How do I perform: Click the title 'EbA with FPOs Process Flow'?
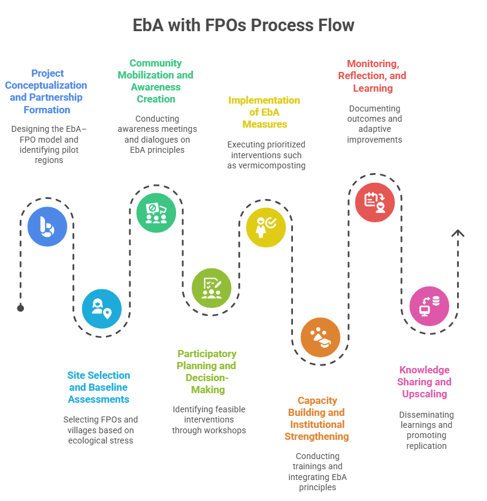tap(243, 26)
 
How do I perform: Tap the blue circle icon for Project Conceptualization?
tap(47, 227)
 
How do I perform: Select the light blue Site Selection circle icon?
tap(102, 309)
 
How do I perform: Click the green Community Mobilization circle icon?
tap(156, 213)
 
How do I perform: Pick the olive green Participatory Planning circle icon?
tap(211, 288)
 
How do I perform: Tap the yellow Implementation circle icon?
tap(266, 227)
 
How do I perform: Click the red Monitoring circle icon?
tap(375, 203)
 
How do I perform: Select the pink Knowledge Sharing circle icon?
tap(429, 306)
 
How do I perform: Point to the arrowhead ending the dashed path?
tap(458, 233)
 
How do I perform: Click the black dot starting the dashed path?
tap(20, 308)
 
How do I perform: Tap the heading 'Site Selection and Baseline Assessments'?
tap(98, 387)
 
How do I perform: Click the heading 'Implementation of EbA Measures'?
tap(264, 112)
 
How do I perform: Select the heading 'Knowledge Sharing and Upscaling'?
tap(425, 382)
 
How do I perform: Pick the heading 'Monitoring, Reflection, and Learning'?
tap(372, 76)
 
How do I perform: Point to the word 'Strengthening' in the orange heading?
tap(316, 436)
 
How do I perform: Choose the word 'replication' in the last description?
tap(426, 446)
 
